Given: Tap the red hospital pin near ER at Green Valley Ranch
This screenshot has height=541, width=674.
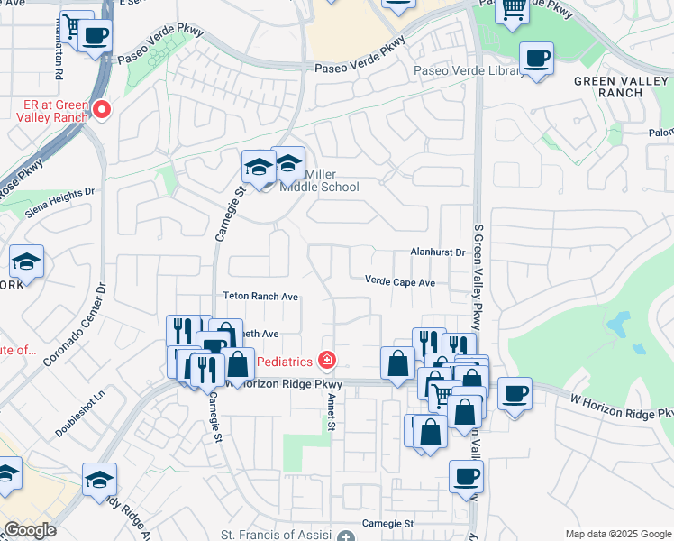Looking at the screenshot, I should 103,110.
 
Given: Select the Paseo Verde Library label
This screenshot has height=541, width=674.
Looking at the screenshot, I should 467,70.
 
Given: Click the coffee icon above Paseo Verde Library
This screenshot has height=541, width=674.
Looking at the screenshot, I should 537,60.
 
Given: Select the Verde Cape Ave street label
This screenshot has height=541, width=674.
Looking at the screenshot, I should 400,282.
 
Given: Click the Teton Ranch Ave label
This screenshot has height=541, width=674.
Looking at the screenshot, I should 260,296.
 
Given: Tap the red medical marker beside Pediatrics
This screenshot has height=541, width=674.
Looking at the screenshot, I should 326,361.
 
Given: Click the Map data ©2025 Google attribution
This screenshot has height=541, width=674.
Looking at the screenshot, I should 618,534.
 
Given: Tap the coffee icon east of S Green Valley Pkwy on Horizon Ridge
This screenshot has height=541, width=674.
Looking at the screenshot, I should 515,394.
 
